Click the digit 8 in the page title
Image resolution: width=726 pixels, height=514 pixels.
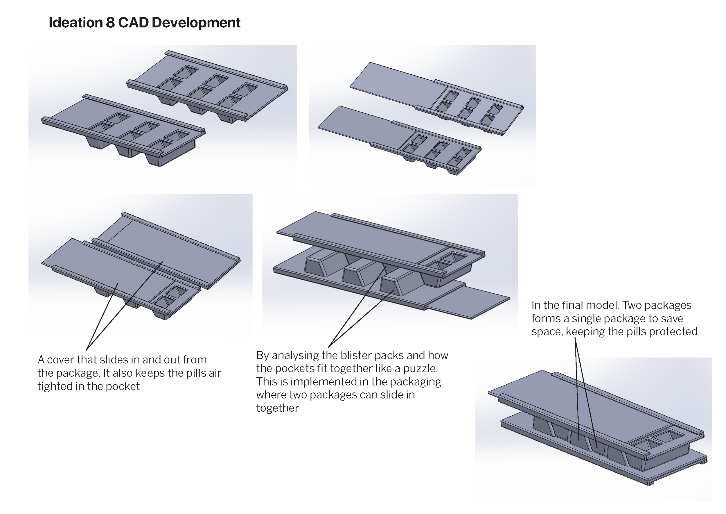[110, 22]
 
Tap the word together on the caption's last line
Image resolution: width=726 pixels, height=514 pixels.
[277, 408]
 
